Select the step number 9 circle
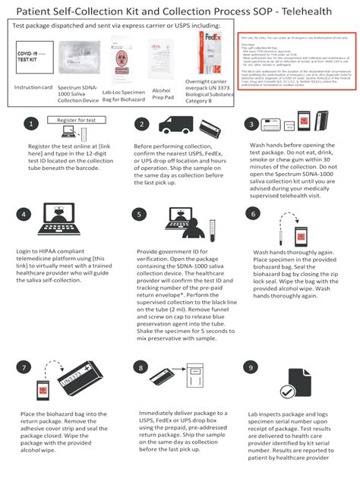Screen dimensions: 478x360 (x=251, y=368)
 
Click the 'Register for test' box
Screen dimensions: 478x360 (x=75, y=120)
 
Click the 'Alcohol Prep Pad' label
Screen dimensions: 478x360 (x=164, y=94)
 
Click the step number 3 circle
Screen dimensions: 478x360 (x=251, y=124)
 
